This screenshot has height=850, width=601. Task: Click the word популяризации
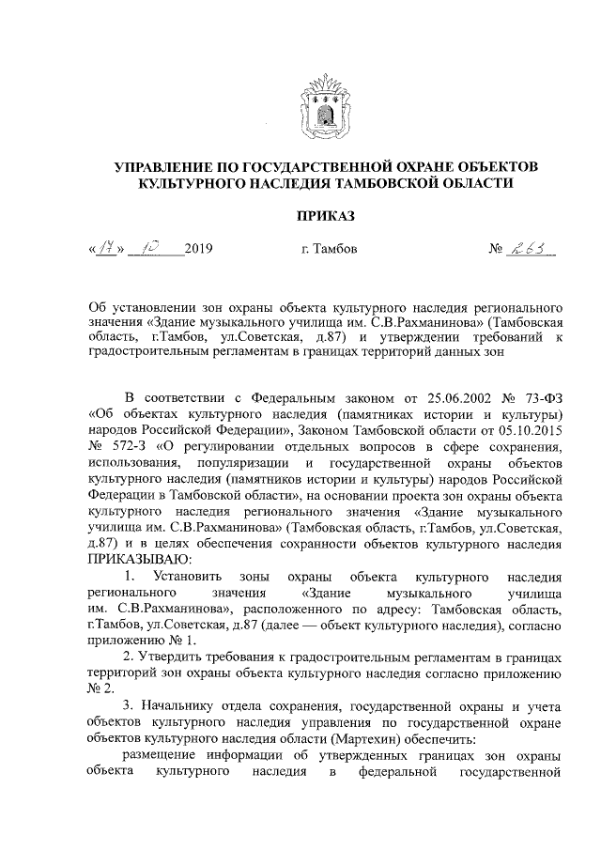coord(241,463)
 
